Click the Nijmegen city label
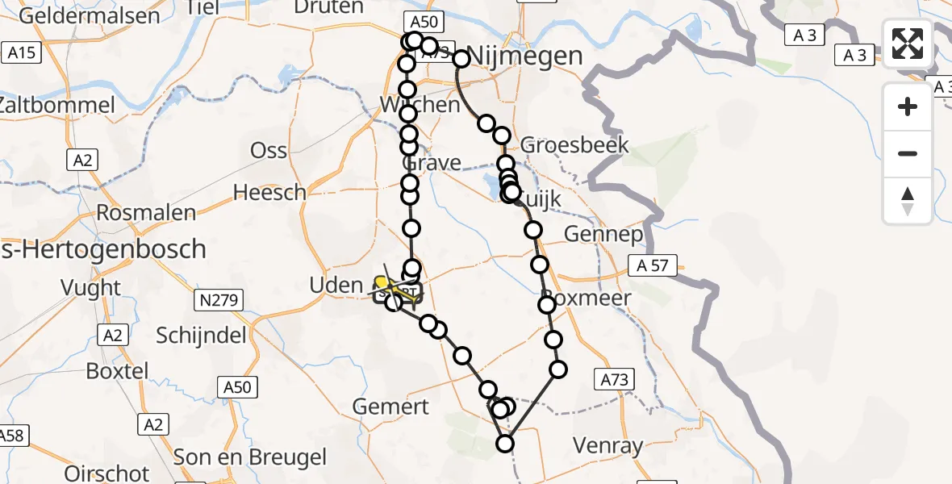click(x=524, y=56)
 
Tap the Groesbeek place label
click(x=574, y=145)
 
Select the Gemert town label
click(x=391, y=406)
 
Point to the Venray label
click(x=608, y=444)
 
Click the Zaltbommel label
click(x=57, y=105)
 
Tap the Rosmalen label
click(x=146, y=213)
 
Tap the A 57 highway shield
click(x=653, y=265)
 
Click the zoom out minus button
click(x=908, y=153)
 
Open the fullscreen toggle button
click(x=908, y=44)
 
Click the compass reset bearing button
click(x=908, y=201)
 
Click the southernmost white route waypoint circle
click(x=505, y=443)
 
